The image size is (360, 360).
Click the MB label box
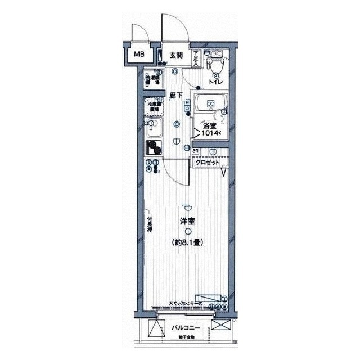click(138, 55)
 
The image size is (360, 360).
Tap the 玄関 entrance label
click(176, 55)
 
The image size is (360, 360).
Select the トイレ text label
click(215, 82)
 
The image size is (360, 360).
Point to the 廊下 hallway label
click(176, 96)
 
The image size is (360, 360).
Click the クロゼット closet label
click(208, 162)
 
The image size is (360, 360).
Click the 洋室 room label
click(188, 222)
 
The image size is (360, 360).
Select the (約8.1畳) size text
click(187, 243)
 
